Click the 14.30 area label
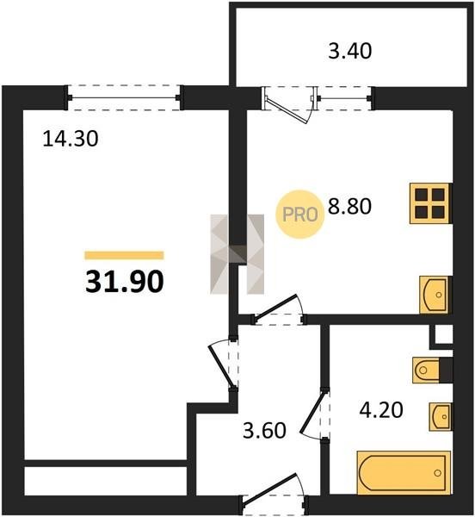pos(71,139)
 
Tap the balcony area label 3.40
pos(350,52)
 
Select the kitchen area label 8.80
pos(349,207)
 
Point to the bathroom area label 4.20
pos(381,410)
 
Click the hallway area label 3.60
pos(264,431)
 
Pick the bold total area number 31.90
pos(125,281)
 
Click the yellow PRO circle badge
pos(299,215)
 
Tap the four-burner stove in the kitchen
pos(429,203)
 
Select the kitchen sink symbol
pos(434,295)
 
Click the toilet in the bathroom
pos(425,370)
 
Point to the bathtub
pos(404,473)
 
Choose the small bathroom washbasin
pos(440,417)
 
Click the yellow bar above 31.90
pos(124,255)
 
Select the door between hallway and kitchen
pos(276,308)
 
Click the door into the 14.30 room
pos(222,366)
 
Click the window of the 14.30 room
pos(124,98)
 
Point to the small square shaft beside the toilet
pos(443,335)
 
